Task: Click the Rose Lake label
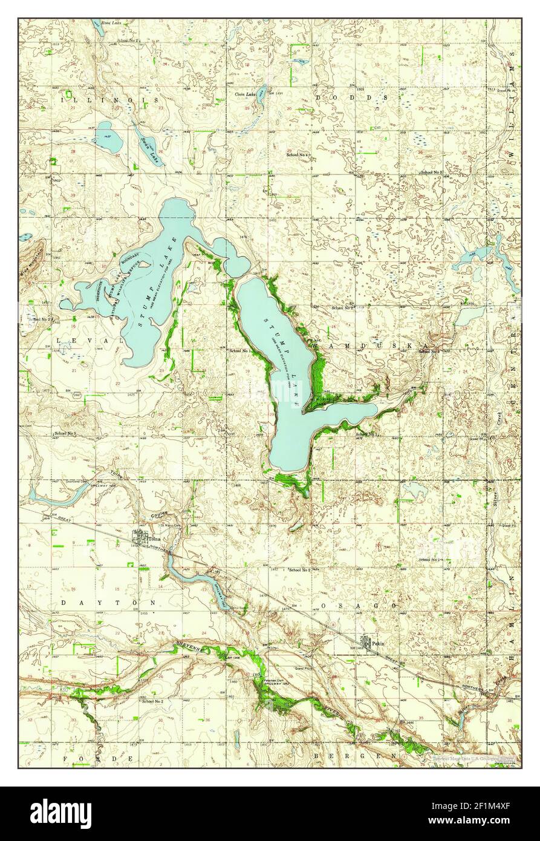point(111,22)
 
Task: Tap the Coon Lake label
point(246,94)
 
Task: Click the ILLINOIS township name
point(109,99)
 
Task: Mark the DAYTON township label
point(108,603)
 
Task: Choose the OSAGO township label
point(359,605)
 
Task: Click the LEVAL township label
point(90,341)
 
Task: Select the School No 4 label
point(298,155)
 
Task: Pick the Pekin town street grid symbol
point(366,642)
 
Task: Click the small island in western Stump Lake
point(145,264)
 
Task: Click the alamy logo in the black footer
point(61,814)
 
